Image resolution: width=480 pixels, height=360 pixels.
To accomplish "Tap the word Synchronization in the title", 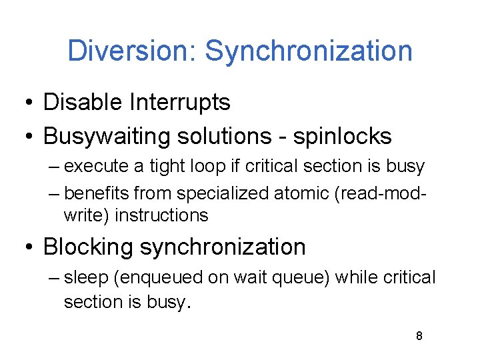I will click(309, 51).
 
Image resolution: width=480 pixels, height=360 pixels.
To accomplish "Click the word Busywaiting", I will click(107, 137).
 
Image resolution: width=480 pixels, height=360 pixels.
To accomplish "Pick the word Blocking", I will click(89, 247).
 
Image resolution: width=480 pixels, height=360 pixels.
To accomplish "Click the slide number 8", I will click(419, 336).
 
